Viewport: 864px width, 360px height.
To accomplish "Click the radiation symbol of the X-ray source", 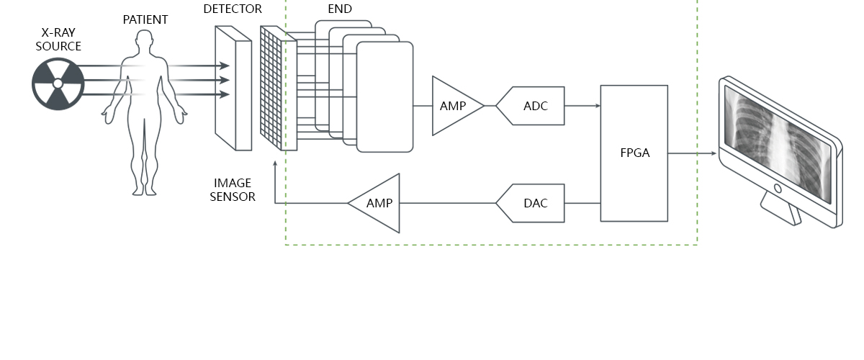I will point(58,84).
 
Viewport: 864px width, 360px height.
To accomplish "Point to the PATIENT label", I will point(145,19).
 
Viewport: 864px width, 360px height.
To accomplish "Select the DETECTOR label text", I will point(233,9).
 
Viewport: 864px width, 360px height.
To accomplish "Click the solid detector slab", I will point(233,88).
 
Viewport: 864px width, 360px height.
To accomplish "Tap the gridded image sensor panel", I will point(278,89).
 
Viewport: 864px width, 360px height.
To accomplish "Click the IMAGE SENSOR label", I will point(233,190).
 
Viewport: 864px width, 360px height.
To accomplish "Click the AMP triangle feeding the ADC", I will point(454,106).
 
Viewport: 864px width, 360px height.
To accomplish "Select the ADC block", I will point(534,106).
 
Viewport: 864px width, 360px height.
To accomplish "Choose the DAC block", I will point(534,203).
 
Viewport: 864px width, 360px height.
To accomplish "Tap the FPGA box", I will point(634,153).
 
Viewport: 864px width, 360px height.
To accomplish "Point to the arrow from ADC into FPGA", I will point(583,106).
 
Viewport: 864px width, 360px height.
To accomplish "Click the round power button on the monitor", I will point(778,189).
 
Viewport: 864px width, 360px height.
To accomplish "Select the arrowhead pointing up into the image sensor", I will point(275,165).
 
